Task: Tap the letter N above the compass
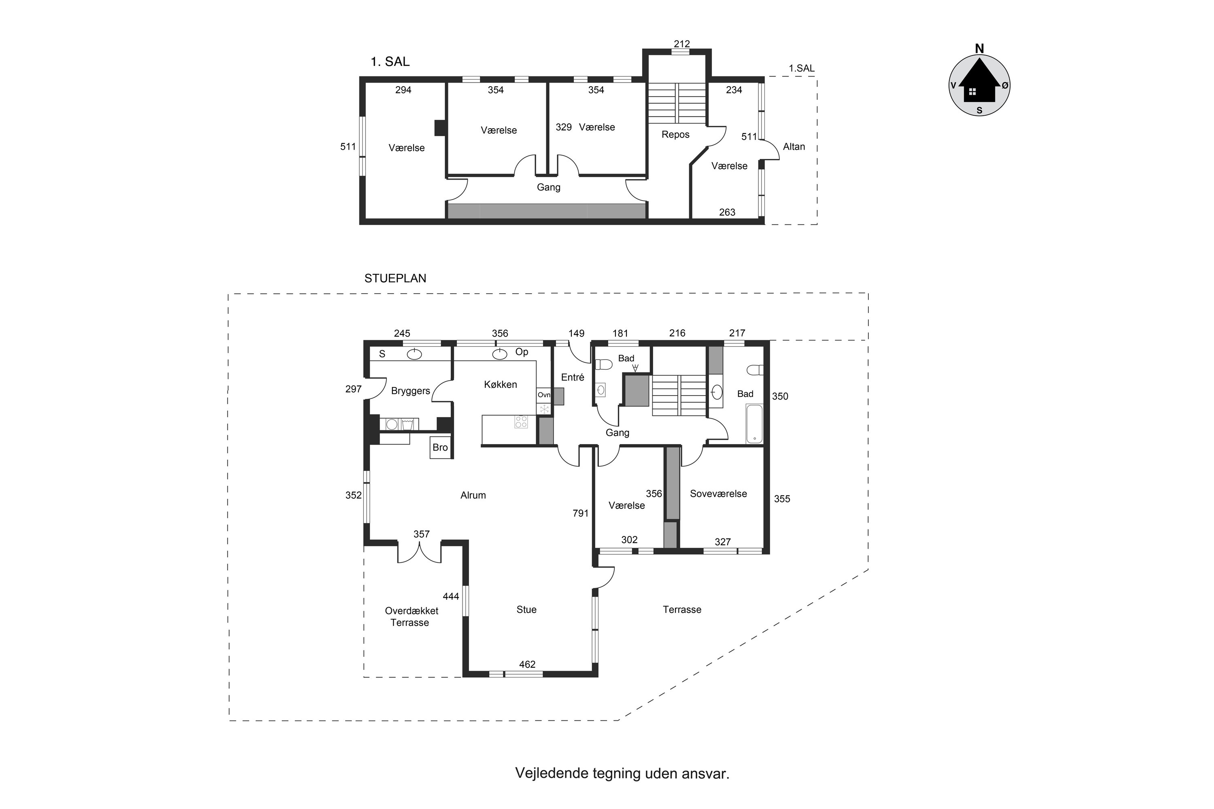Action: click(x=979, y=49)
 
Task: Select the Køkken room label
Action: click(x=500, y=384)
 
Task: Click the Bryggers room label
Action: click(x=410, y=391)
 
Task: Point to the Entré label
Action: click(x=573, y=377)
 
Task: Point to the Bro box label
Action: click(x=440, y=447)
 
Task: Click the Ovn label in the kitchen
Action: click(x=543, y=395)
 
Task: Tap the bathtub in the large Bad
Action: click(x=754, y=424)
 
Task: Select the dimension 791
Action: click(x=580, y=513)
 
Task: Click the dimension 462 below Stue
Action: click(x=527, y=665)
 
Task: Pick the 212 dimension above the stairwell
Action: click(x=681, y=44)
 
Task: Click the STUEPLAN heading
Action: click(x=395, y=279)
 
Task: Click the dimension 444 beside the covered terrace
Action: click(x=451, y=596)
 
